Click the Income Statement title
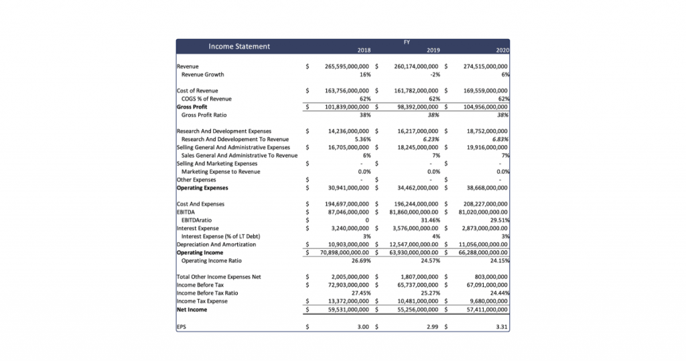tap(239, 46)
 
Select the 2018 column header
tap(364, 50)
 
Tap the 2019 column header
tap(433, 50)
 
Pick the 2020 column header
tap(502, 50)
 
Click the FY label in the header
tap(407, 42)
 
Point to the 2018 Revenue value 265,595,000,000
tap(347, 66)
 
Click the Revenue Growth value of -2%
tap(435, 74)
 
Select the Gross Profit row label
tap(192, 107)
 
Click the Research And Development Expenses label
tap(224, 131)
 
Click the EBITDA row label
tap(186, 212)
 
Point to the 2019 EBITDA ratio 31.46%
tap(429, 220)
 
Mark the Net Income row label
tap(192, 309)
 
